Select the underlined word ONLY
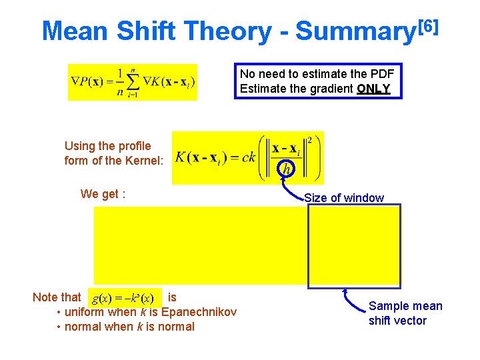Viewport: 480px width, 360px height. (373, 89)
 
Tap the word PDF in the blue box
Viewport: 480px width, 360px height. (382, 74)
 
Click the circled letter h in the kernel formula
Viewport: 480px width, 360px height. (286, 169)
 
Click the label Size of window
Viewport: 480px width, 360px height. (343, 197)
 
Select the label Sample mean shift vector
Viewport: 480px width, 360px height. (405, 313)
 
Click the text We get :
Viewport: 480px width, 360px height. (103, 194)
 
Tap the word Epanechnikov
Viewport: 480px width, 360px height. (199, 312)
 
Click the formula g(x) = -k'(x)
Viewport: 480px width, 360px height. (123, 297)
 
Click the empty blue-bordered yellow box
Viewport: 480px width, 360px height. (354, 245)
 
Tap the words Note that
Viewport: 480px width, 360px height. (57, 297)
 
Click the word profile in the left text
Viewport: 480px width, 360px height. (134, 146)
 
